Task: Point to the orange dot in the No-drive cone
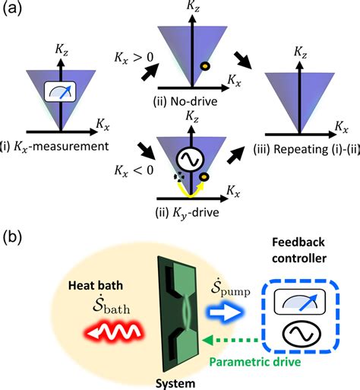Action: pos(204,66)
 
